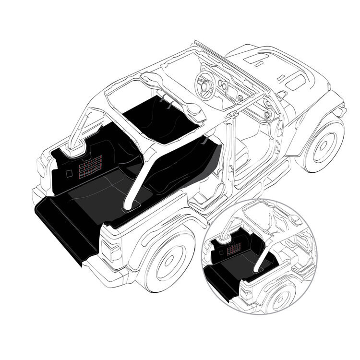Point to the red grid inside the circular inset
click(x=234, y=248)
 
